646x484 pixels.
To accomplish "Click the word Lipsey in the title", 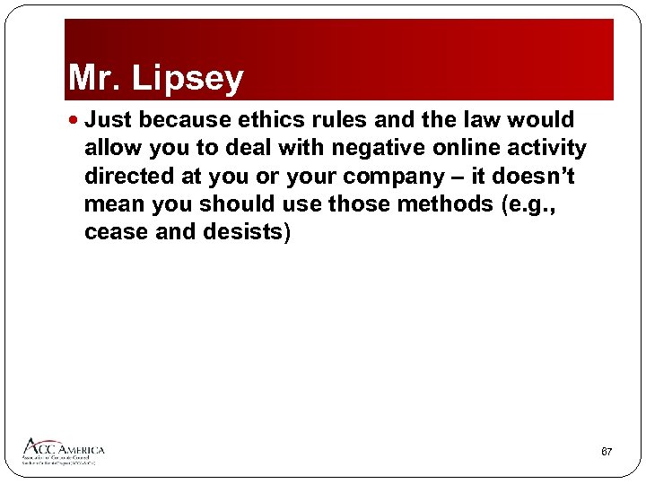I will (188, 79).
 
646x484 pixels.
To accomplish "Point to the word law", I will (488, 120).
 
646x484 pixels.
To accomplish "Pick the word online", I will (449, 147).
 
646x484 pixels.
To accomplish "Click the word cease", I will (113, 233).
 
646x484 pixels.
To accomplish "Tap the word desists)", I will (241, 233).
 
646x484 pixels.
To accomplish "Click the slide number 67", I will (607, 452).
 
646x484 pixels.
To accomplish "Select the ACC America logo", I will (64, 451).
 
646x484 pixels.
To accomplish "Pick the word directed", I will (126, 176).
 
